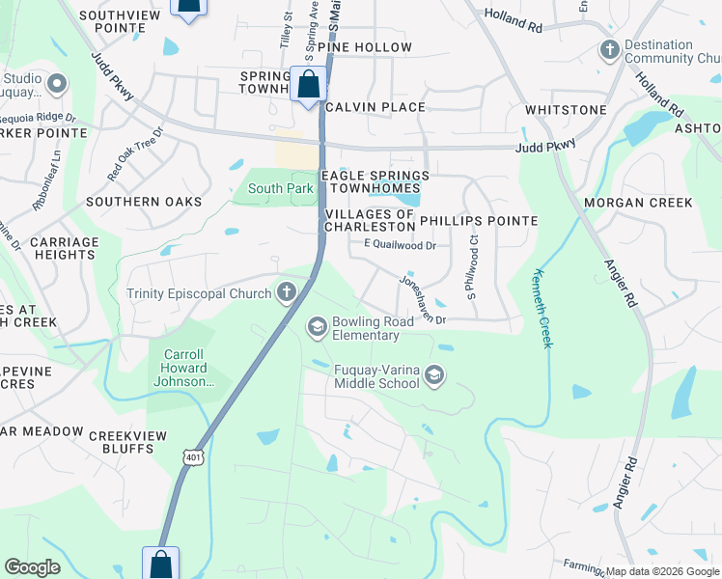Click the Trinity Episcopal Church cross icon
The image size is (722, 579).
(286, 291)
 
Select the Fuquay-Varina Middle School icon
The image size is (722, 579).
(434, 375)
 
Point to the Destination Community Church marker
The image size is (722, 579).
(608, 49)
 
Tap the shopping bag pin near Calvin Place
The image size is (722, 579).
(308, 85)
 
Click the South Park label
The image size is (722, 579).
(280, 189)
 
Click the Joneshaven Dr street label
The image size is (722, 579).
(423, 300)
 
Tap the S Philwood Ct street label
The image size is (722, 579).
(472, 272)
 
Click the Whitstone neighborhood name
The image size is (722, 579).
(565, 111)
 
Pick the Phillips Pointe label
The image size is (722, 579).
(478, 221)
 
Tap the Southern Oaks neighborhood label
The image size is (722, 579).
(144, 202)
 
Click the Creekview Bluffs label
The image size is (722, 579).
(121, 442)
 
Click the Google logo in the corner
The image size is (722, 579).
(33, 567)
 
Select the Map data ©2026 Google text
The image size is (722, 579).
(661, 571)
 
